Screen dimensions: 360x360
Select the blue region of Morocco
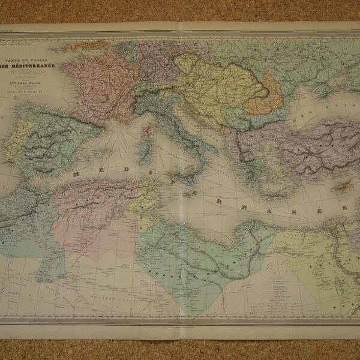[x=27, y=222]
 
